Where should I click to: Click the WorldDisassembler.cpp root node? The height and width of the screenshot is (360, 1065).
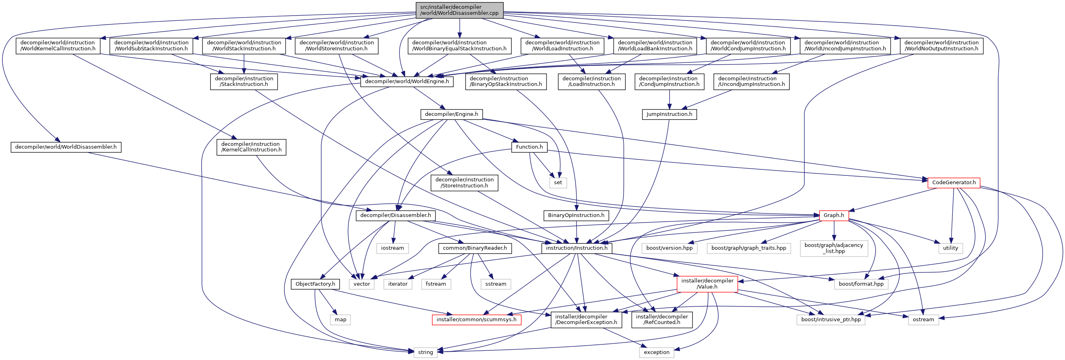(x=459, y=10)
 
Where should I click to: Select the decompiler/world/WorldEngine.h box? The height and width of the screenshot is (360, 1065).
(x=406, y=82)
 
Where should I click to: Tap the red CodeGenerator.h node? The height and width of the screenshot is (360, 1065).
(x=954, y=183)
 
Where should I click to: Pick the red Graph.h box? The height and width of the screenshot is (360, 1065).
(x=833, y=215)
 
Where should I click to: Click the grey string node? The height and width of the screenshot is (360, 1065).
(x=425, y=352)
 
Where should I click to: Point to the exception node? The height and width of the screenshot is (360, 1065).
(x=656, y=352)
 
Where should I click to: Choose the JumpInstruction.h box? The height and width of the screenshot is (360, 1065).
(x=669, y=114)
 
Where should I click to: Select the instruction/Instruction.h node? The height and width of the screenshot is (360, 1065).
(x=576, y=248)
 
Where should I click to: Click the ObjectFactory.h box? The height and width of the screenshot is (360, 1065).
(x=315, y=284)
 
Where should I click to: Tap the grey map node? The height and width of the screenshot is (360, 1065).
(x=340, y=320)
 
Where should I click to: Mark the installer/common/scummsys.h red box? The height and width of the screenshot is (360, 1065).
(x=476, y=320)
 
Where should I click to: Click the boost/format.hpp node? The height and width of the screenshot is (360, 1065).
(x=861, y=284)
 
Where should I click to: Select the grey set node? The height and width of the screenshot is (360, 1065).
(x=558, y=183)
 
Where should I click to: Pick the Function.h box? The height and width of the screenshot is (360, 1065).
(x=529, y=147)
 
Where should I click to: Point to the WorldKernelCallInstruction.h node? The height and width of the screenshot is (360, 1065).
(x=58, y=46)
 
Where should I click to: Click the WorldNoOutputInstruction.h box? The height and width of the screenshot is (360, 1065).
(x=941, y=46)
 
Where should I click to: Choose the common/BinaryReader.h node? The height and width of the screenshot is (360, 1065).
(x=475, y=248)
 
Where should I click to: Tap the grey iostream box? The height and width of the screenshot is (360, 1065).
(x=392, y=248)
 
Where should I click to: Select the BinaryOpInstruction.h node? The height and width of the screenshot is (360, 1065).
(x=576, y=215)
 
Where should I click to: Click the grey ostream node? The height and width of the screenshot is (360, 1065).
(x=923, y=320)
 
